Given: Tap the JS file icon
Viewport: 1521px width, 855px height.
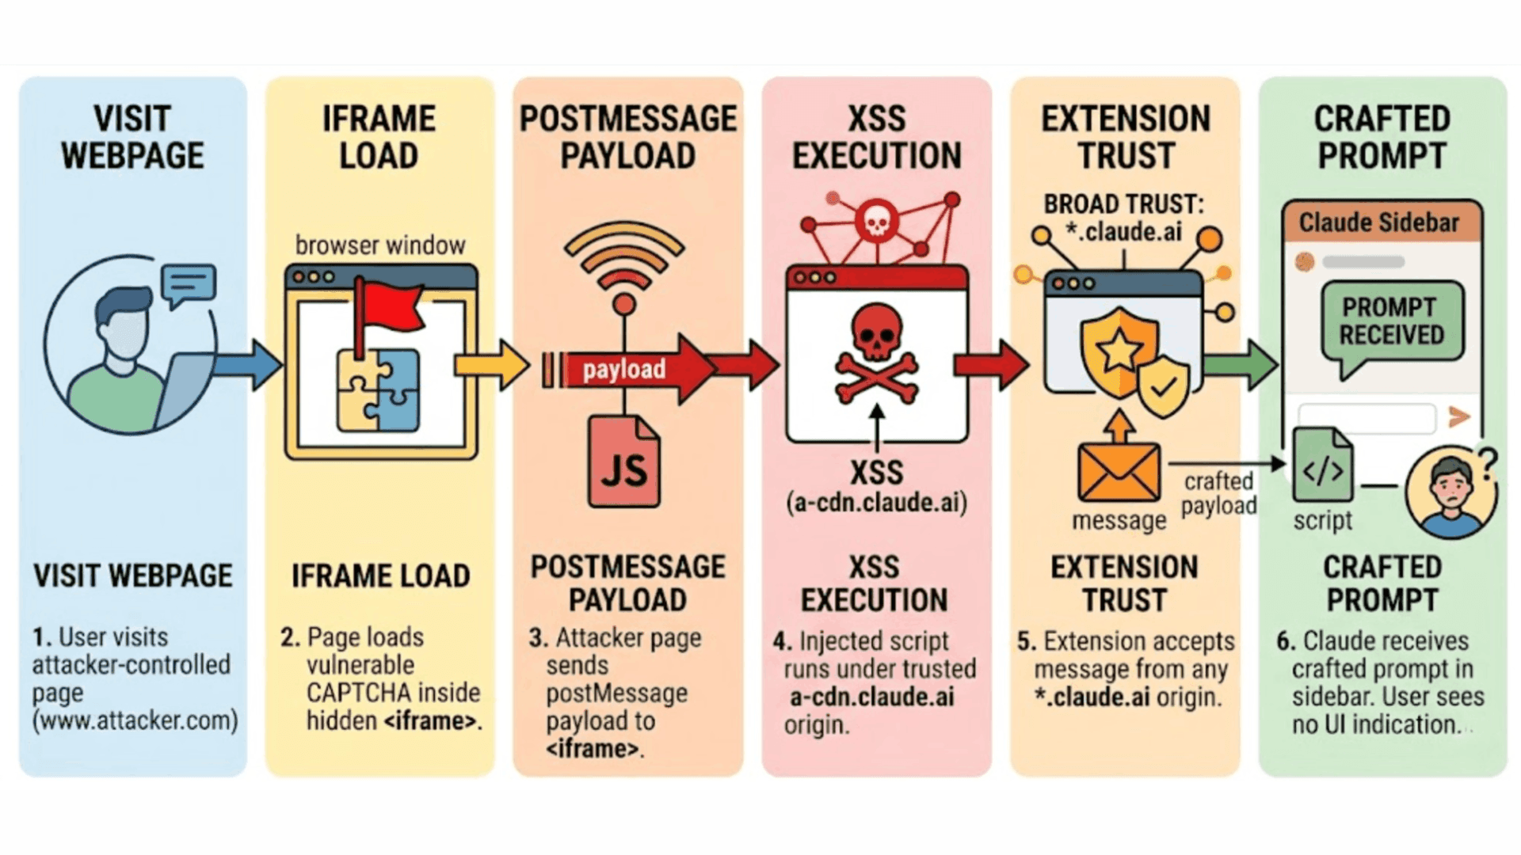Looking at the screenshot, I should (x=623, y=462).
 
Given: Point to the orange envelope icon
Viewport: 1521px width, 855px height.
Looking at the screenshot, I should (x=1119, y=470).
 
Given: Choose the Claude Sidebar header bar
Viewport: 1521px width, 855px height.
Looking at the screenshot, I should (x=1381, y=222).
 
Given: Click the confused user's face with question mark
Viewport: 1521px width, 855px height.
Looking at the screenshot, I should (x=1450, y=491).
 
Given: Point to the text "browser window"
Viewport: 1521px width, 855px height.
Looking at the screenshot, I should (x=380, y=245).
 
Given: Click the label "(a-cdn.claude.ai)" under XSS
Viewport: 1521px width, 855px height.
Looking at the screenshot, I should (x=876, y=503).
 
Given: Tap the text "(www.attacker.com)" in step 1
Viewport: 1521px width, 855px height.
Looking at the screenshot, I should (x=135, y=720).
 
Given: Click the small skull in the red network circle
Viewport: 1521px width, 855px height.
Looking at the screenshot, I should (x=876, y=221).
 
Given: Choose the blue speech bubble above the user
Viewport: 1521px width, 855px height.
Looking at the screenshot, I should (x=188, y=283).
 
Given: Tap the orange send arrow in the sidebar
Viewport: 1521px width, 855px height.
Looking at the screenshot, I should (x=1458, y=416).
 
